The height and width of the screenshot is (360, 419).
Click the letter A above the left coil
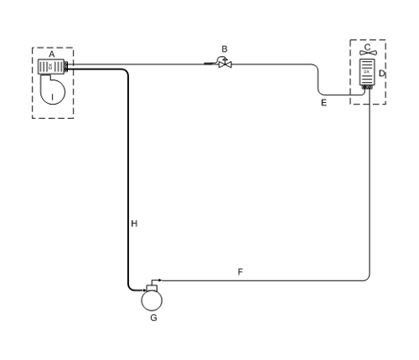pos(52,54)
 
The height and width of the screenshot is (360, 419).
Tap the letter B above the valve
pos(225,49)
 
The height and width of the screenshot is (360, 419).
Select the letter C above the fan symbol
pos(368,47)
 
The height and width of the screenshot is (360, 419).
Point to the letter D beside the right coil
pos(382,74)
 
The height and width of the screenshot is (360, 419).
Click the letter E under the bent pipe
pos(323,103)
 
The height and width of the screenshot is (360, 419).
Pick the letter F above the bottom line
pos(241,272)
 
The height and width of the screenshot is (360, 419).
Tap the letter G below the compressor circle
pos(153,318)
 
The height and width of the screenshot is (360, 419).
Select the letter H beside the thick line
pos(134,224)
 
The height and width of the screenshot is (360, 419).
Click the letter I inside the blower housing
pos(52,97)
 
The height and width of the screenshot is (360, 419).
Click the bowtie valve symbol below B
pos(225,64)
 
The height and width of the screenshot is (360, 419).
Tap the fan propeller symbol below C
pos(368,53)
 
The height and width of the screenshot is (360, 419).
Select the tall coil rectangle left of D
pos(367,72)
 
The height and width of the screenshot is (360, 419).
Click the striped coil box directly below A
pos(51,67)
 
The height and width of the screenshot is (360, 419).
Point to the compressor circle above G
pos(152,301)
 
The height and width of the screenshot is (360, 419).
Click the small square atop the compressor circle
pos(152,288)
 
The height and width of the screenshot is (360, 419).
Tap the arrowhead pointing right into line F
pos(160,280)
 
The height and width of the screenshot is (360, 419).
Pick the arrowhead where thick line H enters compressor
pos(144,291)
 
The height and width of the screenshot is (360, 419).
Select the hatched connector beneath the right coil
pos(367,87)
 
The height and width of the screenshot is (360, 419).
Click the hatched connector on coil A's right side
pos(66,66)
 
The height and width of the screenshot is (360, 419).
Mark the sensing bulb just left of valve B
pos(209,64)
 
